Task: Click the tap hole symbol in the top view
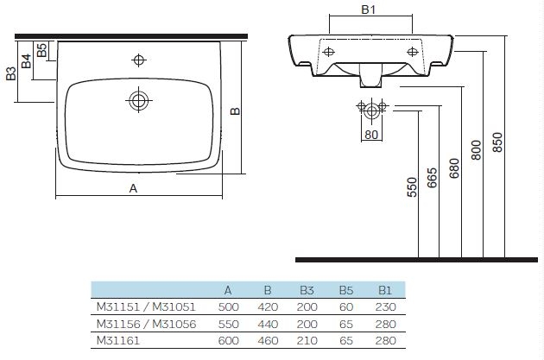139,60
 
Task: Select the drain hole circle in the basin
138,101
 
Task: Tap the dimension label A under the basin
133,188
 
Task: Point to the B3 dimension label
11,73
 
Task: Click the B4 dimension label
27,61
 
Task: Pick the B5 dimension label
41,50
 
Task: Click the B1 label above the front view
369,9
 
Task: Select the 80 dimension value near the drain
371,135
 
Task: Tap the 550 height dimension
412,187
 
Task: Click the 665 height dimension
432,178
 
